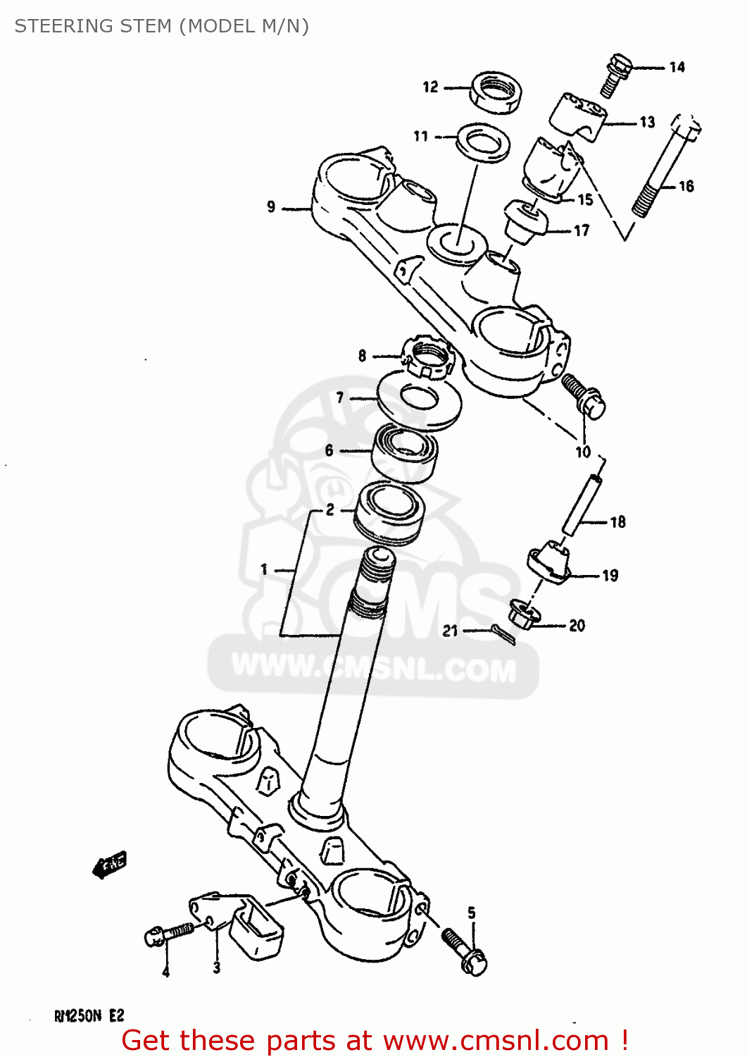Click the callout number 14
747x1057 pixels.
tap(677, 67)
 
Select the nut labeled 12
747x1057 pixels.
tap(496, 92)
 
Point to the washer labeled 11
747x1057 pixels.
tap(484, 143)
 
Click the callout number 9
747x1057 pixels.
tap(271, 206)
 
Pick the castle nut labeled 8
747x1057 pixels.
tap(429, 357)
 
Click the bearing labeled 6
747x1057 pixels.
tap(405, 453)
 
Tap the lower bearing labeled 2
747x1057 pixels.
tap(389, 513)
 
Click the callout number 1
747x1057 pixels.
tap(264, 569)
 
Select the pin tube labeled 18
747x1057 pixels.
tap(582, 505)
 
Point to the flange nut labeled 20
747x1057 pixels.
tap(524, 614)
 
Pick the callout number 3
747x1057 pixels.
tap(216, 968)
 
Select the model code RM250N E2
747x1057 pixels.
tap(89, 1015)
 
